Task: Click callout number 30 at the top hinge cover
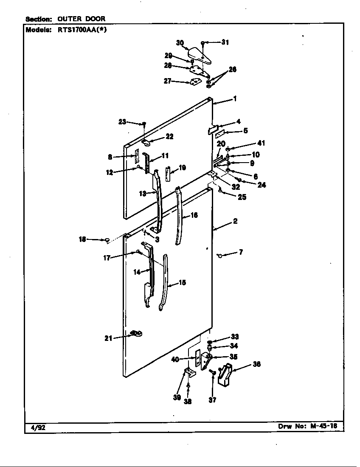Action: pyautogui.click(x=180, y=43)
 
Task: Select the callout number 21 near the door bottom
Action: pyautogui.click(x=108, y=338)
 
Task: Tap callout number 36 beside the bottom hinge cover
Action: pyautogui.click(x=257, y=364)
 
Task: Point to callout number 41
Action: pyautogui.click(x=261, y=143)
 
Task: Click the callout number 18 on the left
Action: pyautogui.click(x=82, y=239)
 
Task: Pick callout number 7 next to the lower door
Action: pyautogui.click(x=241, y=252)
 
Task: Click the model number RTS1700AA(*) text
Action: pyautogui.click(x=82, y=30)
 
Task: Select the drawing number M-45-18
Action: pyautogui.click(x=324, y=426)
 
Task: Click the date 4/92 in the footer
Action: pyautogui.click(x=38, y=428)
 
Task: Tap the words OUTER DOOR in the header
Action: pyautogui.click(x=81, y=19)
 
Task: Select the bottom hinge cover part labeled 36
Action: pyautogui.click(x=225, y=374)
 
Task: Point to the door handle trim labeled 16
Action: pyautogui.click(x=179, y=215)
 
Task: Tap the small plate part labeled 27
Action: pyautogui.click(x=194, y=82)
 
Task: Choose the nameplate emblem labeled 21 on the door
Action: pyautogui.click(x=136, y=333)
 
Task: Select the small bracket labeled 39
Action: pyautogui.click(x=190, y=373)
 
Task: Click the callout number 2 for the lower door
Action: pyautogui.click(x=235, y=221)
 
